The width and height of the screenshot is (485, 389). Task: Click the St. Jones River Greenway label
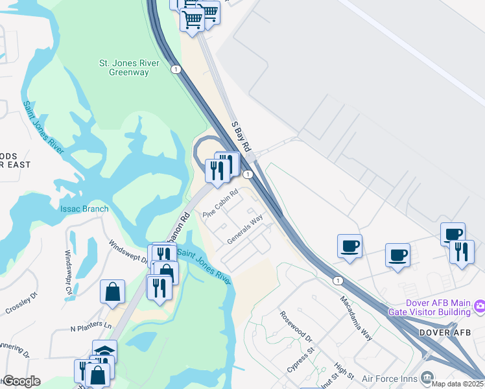(x=124, y=68)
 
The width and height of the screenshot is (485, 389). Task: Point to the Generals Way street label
(x=245, y=230)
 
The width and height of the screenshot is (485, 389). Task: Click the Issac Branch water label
(x=84, y=209)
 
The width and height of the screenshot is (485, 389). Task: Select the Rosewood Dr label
(x=296, y=329)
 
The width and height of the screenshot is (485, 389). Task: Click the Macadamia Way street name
(x=357, y=318)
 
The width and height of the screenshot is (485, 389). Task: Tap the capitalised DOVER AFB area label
(x=444, y=333)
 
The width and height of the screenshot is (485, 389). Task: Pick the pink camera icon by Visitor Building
(x=480, y=305)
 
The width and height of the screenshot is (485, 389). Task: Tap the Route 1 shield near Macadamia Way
(x=338, y=280)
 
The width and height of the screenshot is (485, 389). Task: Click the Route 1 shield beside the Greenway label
(x=176, y=69)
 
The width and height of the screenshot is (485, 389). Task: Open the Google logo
(x=21, y=381)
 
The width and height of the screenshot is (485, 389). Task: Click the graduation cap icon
(x=104, y=351)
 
